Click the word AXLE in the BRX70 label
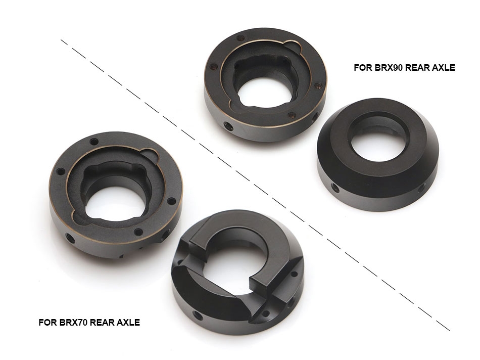point(128,322)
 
